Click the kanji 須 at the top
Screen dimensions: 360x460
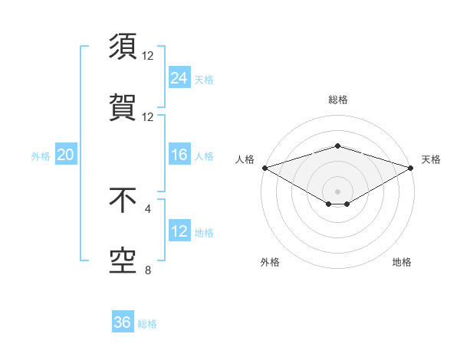(x=123, y=47)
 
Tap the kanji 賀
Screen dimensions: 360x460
(x=123, y=107)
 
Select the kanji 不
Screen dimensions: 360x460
(x=123, y=200)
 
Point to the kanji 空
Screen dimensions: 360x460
(x=123, y=261)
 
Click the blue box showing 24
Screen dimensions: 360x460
(x=179, y=78)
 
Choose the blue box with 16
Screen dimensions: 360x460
(x=179, y=155)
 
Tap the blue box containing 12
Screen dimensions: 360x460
(x=179, y=231)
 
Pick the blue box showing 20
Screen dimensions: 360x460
(x=66, y=155)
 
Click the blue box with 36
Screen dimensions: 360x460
(x=123, y=322)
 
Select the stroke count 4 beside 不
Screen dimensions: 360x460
(x=148, y=208)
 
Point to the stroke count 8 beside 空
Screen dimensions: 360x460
(x=148, y=270)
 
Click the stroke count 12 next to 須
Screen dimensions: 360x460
(x=148, y=56)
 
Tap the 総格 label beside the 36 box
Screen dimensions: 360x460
(x=147, y=324)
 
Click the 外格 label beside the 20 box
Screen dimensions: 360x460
(x=41, y=156)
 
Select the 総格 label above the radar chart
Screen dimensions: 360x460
(x=337, y=100)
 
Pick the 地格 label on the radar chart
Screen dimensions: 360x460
(x=402, y=262)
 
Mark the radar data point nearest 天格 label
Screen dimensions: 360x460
(x=411, y=167)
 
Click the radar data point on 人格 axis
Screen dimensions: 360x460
(x=264, y=167)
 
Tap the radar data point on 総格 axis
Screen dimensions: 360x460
(x=337, y=146)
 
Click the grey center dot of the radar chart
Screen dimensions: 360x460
(x=337, y=191)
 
